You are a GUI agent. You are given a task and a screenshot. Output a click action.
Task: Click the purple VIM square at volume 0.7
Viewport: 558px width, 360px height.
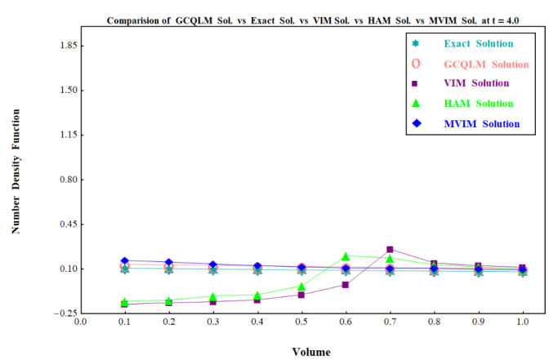click(390, 249)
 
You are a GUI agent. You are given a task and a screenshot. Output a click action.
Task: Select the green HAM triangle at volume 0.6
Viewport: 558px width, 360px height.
click(346, 256)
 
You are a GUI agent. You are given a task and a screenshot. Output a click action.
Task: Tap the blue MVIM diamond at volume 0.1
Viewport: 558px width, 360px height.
click(124, 260)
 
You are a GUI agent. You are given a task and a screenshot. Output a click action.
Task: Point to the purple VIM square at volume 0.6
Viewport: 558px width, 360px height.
click(346, 285)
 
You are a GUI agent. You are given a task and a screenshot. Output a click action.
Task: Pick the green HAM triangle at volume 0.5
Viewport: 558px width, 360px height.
click(301, 287)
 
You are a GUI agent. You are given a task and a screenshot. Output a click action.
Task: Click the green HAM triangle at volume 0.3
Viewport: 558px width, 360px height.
click(212, 296)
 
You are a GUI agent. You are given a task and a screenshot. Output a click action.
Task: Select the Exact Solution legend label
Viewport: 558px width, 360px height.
click(479, 43)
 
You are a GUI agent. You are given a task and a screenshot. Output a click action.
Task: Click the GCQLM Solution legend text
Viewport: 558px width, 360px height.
click(486, 64)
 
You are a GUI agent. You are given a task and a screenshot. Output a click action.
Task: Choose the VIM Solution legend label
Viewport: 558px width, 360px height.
click(476, 83)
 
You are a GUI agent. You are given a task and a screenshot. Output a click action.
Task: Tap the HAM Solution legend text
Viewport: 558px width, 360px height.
click(479, 104)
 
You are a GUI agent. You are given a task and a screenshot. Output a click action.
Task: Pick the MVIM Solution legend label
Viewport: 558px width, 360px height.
click(482, 124)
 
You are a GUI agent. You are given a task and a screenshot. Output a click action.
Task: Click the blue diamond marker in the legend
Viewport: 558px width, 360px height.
click(416, 123)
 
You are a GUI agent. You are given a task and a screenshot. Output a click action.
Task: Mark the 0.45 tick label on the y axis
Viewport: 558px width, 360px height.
click(69, 224)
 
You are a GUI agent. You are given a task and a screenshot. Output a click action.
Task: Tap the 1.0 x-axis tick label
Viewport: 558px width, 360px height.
click(522, 322)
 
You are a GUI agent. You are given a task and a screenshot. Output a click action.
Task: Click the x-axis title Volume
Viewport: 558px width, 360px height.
click(311, 352)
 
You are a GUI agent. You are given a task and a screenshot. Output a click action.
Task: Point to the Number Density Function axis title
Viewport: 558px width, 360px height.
click(16, 171)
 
